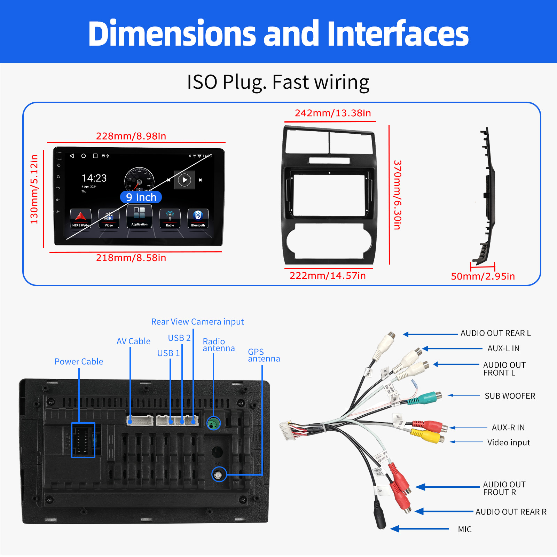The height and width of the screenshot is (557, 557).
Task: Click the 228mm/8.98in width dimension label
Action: [131, 136]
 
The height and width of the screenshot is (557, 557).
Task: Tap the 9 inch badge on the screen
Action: [141, 197]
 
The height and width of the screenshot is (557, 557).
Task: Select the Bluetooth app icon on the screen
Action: [198, 218]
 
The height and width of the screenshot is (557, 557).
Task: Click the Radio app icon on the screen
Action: [170, 218]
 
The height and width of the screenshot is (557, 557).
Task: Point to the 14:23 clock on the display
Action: [94, 178]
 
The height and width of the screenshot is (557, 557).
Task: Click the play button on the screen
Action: [185, 180]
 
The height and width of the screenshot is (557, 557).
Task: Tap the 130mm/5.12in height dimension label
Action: [34, 189]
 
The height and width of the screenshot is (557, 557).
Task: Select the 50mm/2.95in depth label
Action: [483, 276]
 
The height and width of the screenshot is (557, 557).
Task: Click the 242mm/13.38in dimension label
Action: [333, 113]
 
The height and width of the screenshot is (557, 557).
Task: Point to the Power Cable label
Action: [79, 361]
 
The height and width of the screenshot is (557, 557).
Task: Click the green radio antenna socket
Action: [214, 423]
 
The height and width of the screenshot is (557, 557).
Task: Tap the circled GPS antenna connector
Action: [219, 474]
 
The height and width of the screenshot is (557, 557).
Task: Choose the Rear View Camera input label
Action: [197, 322]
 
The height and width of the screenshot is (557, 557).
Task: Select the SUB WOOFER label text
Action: [510, 396]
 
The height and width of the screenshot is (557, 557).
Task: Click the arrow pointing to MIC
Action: [419, 529]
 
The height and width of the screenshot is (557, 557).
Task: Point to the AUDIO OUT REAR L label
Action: [495, 333]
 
